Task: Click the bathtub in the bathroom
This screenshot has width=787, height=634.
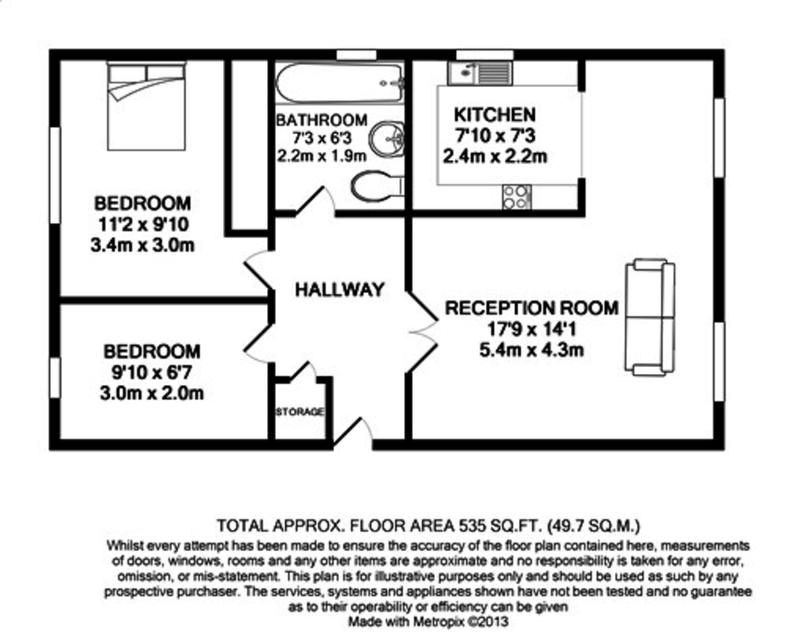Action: point(338,83)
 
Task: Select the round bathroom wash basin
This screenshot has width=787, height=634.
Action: point(386,139)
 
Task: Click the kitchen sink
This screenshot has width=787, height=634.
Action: point(486,72)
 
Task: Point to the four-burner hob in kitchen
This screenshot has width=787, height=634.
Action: point(516,197)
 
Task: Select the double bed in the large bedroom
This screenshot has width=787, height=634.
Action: point(146,105)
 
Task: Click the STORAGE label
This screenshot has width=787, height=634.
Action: point(299,412)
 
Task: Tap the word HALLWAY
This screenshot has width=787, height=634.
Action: point(338,290)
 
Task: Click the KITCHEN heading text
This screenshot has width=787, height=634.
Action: point(494,115)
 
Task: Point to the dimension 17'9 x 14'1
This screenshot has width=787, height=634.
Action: point(532,328)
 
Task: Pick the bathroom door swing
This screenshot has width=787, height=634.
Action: point(317,201)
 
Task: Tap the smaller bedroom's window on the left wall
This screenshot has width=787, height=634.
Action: point(55,377)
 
